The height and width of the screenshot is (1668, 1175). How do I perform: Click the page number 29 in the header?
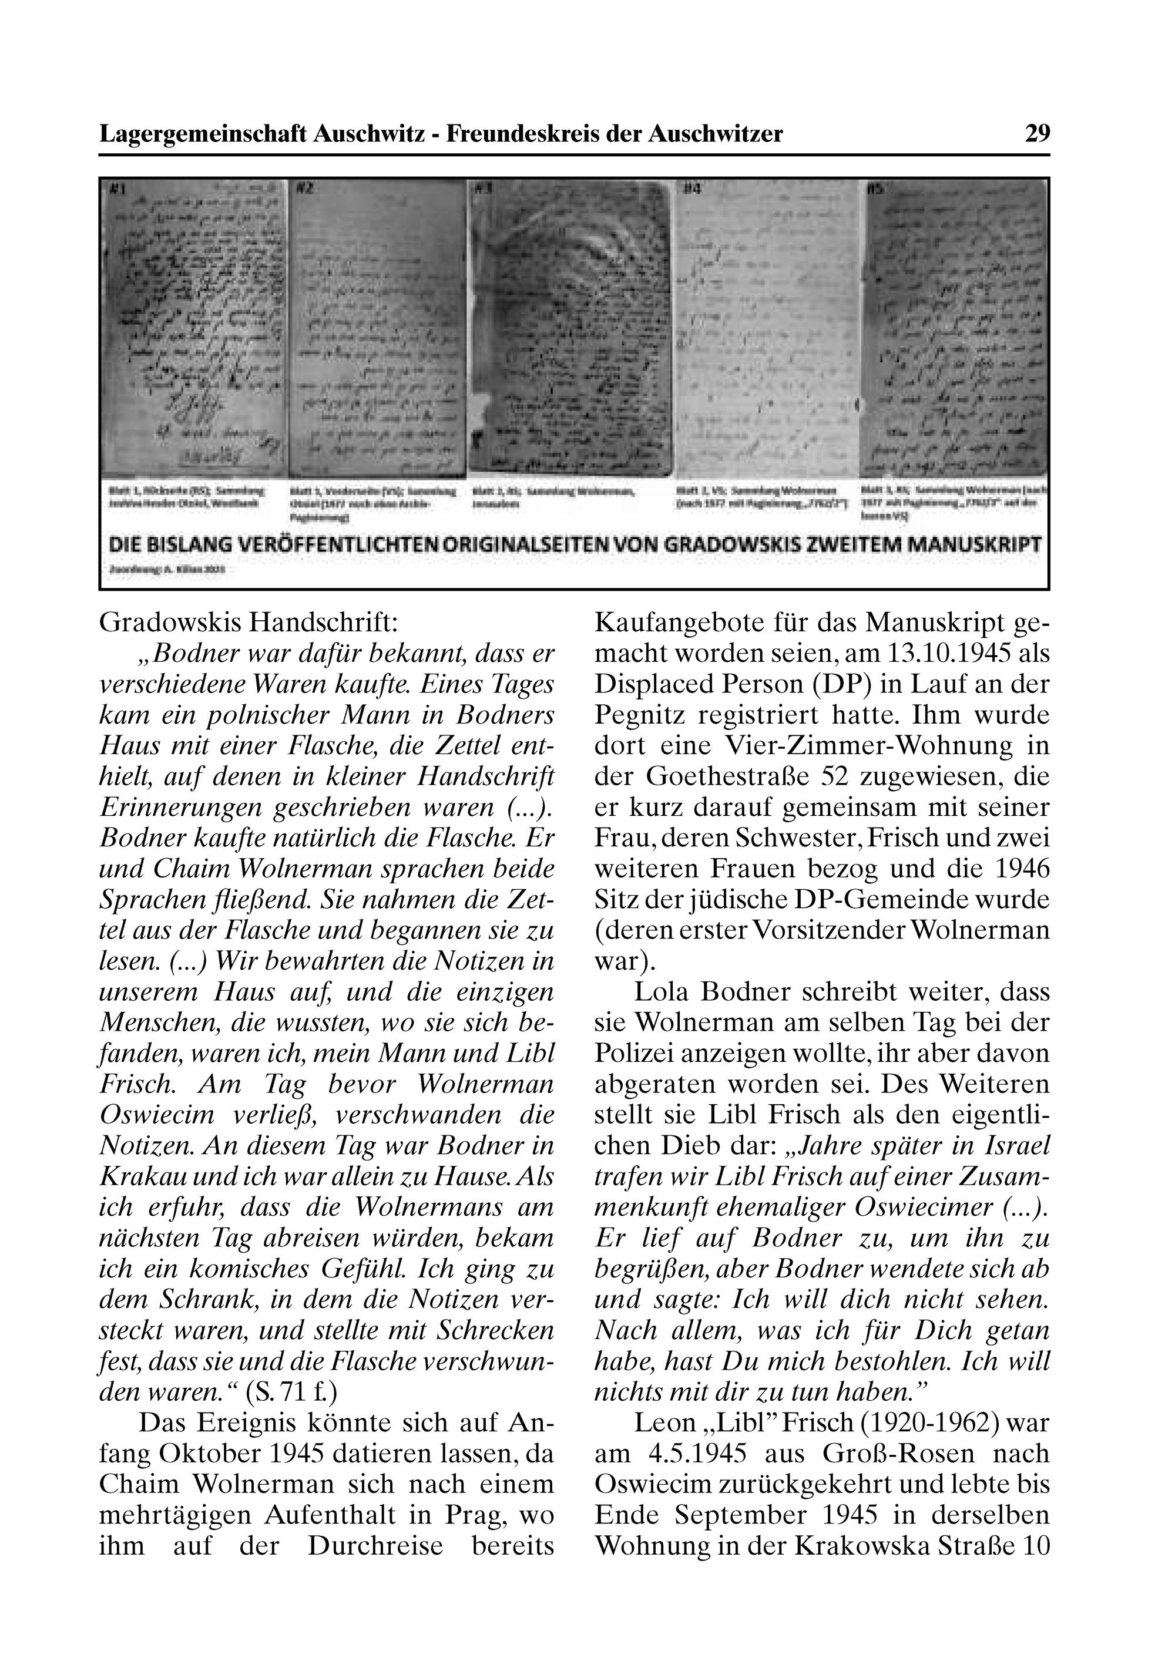tap(1037, 134)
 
